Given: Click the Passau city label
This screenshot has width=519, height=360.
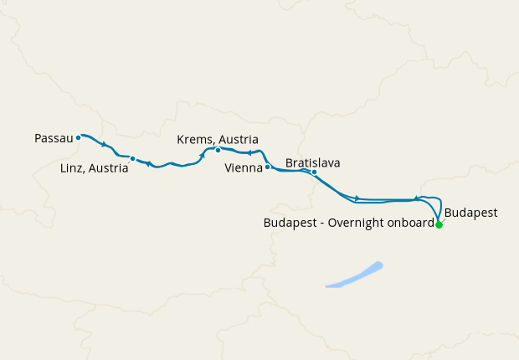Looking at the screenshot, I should tap(54, 137).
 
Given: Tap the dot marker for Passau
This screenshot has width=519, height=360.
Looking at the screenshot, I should tap(78, 137).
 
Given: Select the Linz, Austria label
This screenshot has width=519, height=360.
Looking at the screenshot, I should tap(95, 168).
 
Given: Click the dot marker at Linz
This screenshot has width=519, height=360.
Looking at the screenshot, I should tap(132, 158).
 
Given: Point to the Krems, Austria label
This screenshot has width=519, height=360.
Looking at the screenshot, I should tap(218, 139).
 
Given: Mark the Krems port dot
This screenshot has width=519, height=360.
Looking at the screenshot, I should tap(218, 151).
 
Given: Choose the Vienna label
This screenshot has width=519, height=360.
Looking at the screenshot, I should tap(244, 168).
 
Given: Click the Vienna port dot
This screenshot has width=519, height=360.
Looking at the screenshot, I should tap(267, 167).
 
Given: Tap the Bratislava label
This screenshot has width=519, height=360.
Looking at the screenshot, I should tap(313, 162).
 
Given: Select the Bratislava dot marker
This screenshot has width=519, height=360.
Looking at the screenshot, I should tap(314, 172).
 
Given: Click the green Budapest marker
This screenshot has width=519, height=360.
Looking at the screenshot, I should tap(439, 224).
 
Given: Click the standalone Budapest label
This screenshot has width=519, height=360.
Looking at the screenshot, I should tap(471, 213).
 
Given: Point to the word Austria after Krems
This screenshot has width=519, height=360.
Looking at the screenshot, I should tap(238, 139).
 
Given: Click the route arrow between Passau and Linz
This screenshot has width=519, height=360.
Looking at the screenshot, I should tap(104, 144).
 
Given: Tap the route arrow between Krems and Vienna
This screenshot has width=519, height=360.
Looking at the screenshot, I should tap(249, 153).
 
